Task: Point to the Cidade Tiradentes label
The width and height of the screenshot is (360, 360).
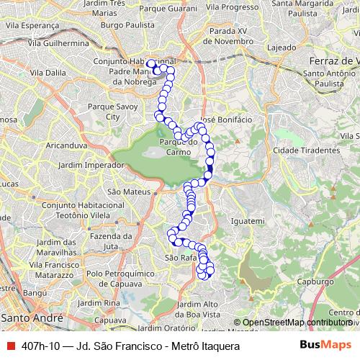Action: click(306, 150)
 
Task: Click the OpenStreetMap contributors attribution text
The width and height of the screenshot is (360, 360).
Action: click(297, 323)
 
